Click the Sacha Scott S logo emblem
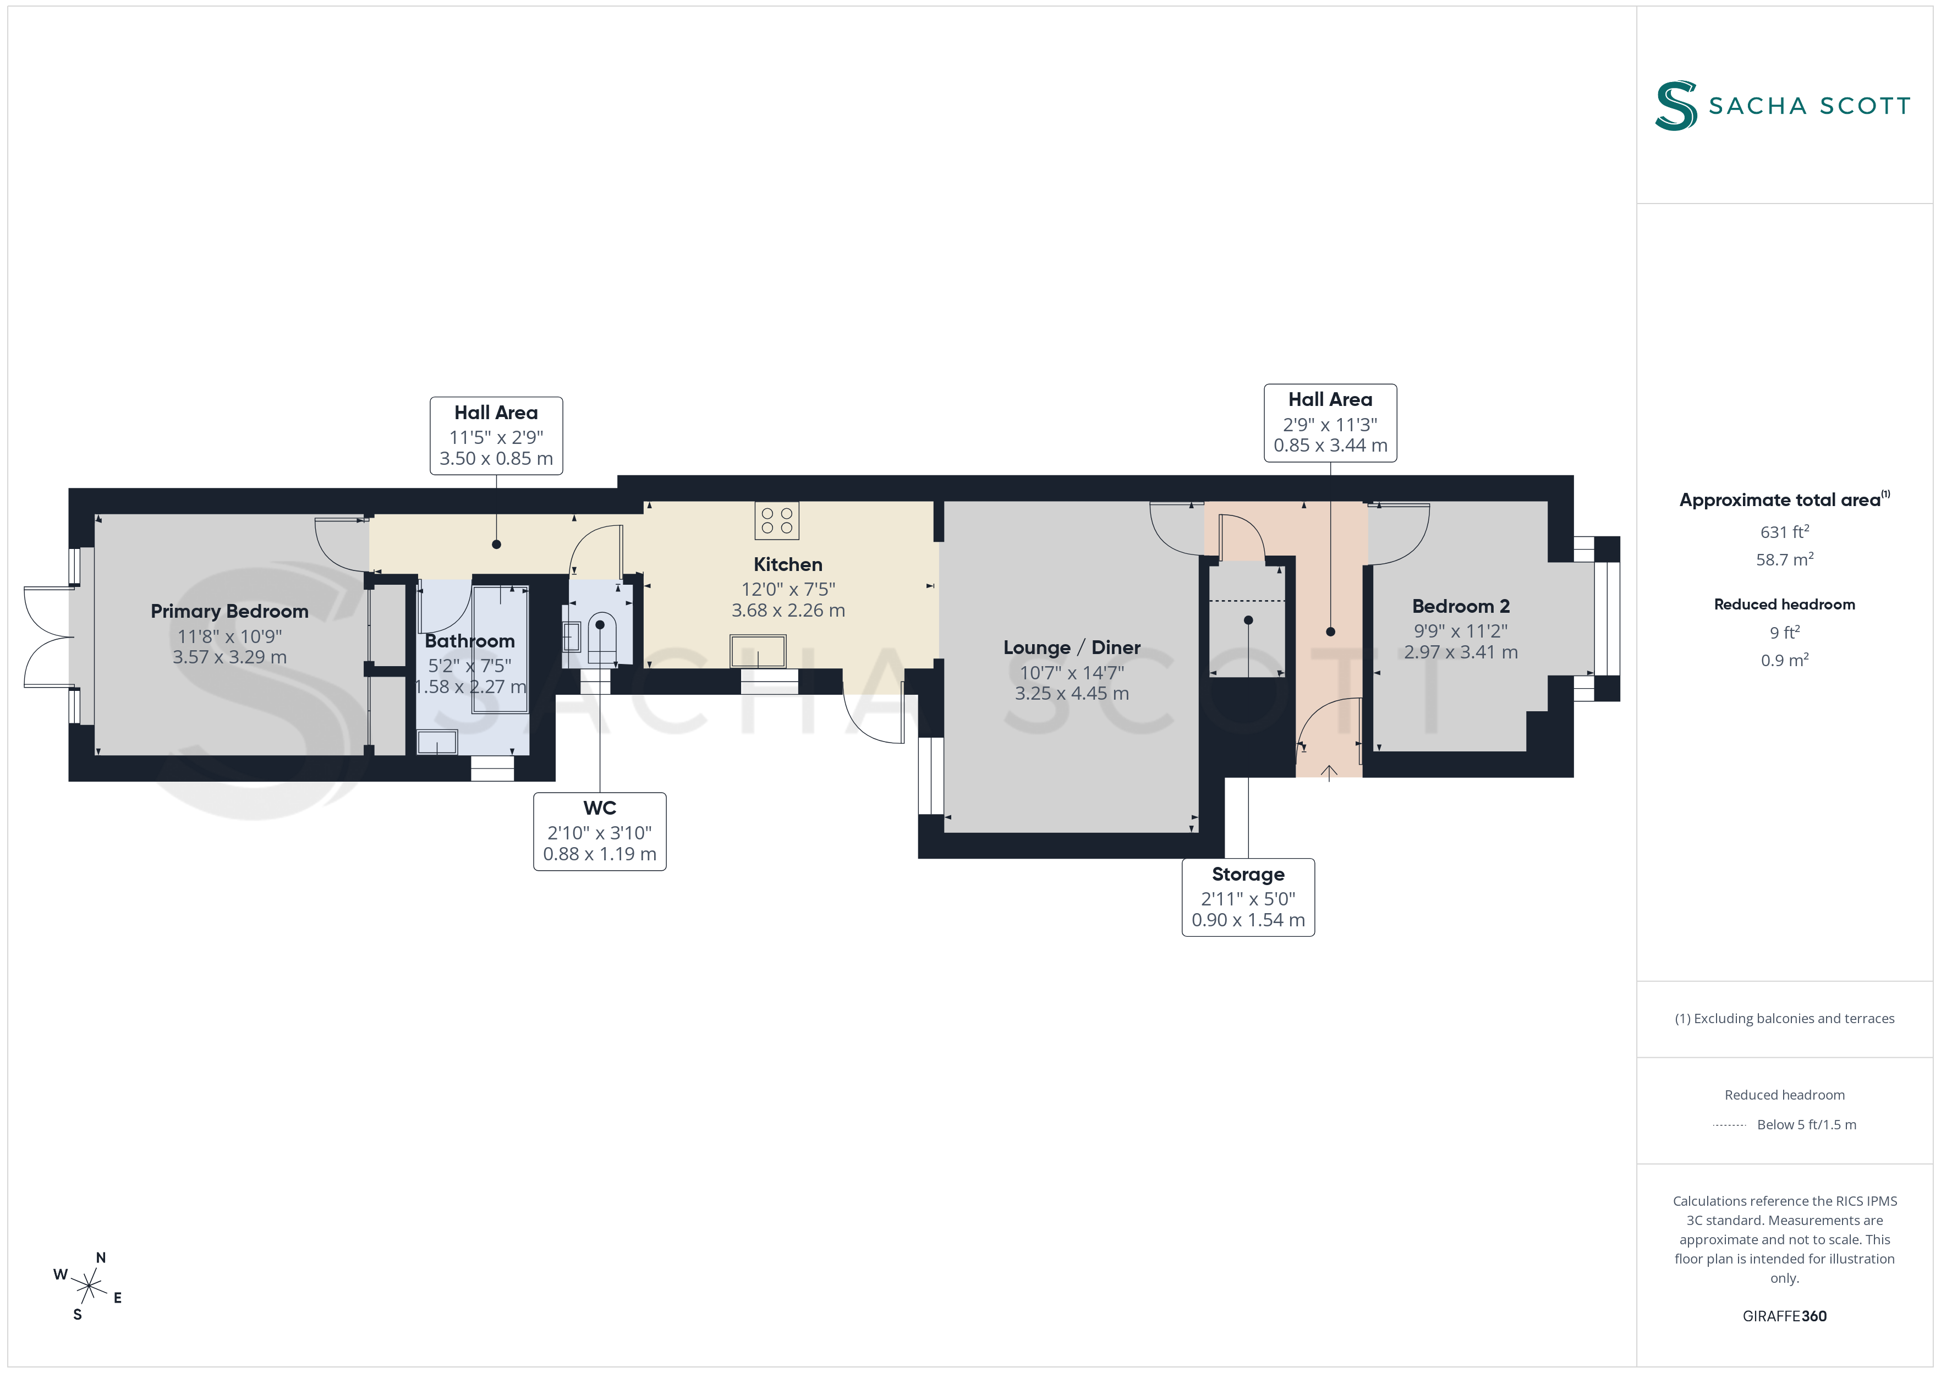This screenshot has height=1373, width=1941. (1676, 106)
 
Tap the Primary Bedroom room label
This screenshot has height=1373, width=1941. (229, 611)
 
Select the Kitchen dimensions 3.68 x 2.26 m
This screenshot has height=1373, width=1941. (788, 611)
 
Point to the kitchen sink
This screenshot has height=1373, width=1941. (758, 652)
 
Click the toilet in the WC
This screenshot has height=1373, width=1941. (602, 638)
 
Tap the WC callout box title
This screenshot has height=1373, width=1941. (599, 808)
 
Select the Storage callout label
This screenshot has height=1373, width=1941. (1248, 874)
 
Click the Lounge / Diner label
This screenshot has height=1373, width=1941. (1072, 647)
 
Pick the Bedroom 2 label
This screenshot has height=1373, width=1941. (1461, 606)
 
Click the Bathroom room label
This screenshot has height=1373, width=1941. (469, 641)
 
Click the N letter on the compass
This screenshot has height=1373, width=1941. (101, 1258)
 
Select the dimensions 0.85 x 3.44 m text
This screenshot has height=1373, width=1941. (1330, 446)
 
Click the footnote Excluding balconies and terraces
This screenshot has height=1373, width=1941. (1785, 1019)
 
